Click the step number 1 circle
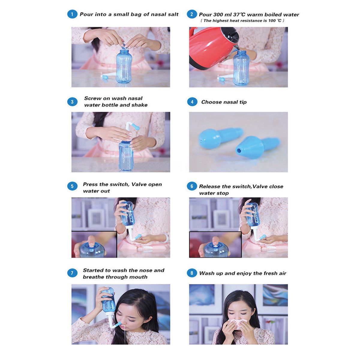[72, 14]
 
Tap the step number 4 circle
[192, 102]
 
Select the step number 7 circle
[72, 273]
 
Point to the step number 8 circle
[192, 273]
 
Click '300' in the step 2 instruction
[219, 14]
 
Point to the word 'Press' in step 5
[90, 184]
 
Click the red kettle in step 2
[210, 48]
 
